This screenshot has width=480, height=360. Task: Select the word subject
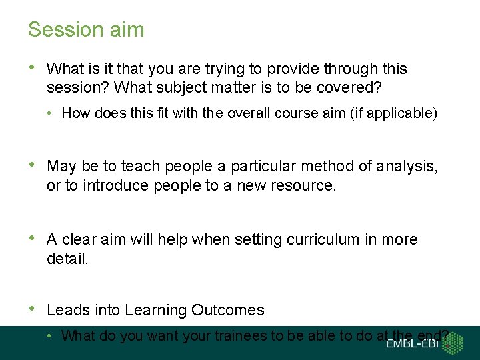[169, 88]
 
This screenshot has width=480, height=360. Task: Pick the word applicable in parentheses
[401, 113]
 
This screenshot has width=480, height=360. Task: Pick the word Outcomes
[228, 310]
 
